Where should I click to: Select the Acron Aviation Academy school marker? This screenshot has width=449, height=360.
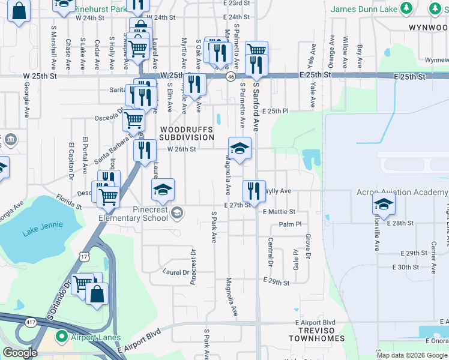pyautogui.click(x=384, y=205)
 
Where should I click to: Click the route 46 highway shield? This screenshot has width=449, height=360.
pyautogui.click(x=231, y=77)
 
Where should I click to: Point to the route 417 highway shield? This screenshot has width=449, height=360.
pyautogui.click(x=30, y=323)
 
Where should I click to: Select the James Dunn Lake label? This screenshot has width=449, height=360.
pyautogui.click(x=364, y=9)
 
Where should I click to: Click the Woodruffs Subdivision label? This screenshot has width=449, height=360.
pyautogui.click(x=187, y=133)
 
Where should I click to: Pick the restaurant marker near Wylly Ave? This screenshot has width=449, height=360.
pyautogui.click(x=254, y=190)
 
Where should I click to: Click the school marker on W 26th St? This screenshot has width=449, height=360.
pyautogui.click(x=239, y=148)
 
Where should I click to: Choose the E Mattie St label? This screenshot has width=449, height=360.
pyautogui.click(x=279, y=212)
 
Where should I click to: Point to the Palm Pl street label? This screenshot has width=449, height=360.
pyautogui.click(x=289, y=224)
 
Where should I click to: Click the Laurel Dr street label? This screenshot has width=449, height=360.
pyautogui.click(x=176, y=272)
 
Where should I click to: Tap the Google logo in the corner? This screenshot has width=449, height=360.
pyautogui.click(x=20, y=353)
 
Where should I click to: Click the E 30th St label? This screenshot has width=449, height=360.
pyautogui.click(x=405, y=267)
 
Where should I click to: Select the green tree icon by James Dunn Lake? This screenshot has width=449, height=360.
pyautogui.click(x=407, y=8)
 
